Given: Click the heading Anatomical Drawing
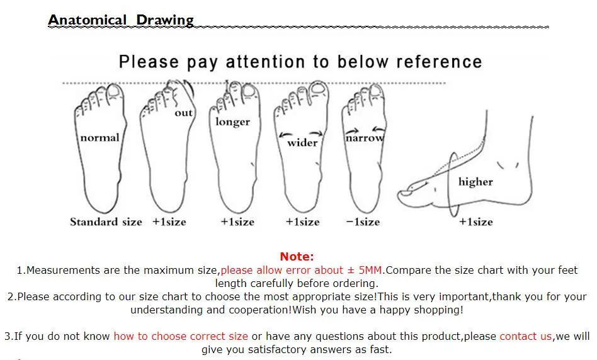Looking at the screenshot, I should tap(121, 20).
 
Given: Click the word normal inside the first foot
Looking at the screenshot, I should tap(99, 137).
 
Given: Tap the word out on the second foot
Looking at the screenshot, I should tap(183, 113).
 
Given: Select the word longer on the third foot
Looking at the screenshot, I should tap(233, 121).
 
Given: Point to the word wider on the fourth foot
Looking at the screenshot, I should tap(302, 142).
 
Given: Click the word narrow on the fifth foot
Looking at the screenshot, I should tap(364, 138).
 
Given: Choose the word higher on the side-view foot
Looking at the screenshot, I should tap(475, 182).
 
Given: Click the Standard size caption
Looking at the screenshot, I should tap(106, 222).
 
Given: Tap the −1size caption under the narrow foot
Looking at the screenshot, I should tap(363, 222).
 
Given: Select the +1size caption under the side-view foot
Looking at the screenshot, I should tap(475, 222).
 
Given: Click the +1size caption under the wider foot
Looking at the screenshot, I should tap(302, 222).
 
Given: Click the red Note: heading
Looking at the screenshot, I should tap(297, 256).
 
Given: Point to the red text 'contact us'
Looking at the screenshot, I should tap(526, 336).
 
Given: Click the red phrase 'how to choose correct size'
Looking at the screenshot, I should tap(181, 336).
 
